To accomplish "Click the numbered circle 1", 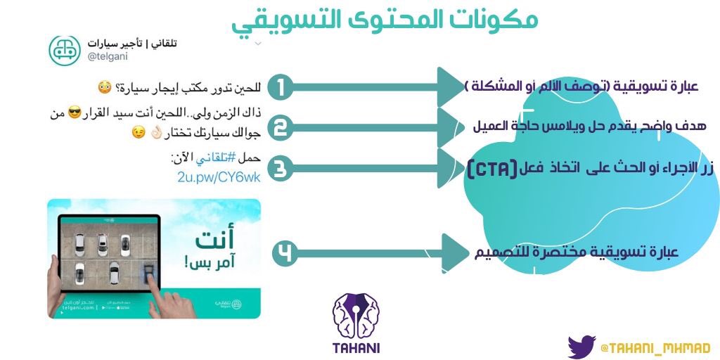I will click(280, 88).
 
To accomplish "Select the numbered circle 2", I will click(280, 128).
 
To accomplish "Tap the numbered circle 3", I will click(280, 169).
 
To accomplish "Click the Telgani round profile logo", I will click(65, 51).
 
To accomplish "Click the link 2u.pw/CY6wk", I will click(219, 177).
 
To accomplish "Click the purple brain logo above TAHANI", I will click(355, 314).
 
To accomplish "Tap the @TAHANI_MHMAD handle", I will click(655, 348).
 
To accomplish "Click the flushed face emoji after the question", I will click(104, 89).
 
